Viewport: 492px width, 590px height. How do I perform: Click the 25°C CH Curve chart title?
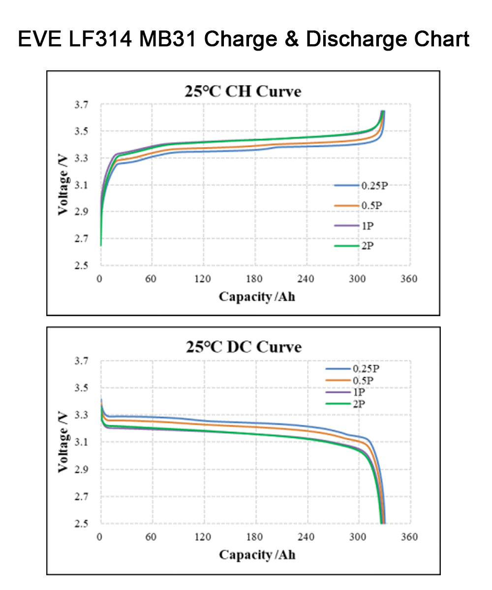pyautogui.click(x=243, y=91)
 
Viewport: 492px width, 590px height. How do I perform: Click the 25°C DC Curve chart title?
pyautogui.click(x=243, y=347)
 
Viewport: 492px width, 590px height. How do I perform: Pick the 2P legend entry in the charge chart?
pyautogui.click(x=367, y=246)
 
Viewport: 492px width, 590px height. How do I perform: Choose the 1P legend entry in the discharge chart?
pyautogui.click(x=358, y=392)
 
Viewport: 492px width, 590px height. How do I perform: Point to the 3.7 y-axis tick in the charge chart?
pyautogui.click(x=82, y=105)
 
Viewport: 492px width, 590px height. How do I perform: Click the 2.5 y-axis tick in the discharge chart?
pyautogui.click(x=82, y=524)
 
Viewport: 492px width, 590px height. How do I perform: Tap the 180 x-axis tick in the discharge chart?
pyautogui.click(x=254, y=537)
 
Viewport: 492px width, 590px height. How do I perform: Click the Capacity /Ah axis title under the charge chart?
pyautogui.click(x=257, y=296)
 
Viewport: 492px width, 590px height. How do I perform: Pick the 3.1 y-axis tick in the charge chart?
pyautogui.click(x=82, y=185)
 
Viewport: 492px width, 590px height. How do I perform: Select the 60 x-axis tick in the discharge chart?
pyautogui.click(x=151, y=537)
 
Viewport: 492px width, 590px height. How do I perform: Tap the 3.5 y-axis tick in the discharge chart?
pyautogui.click(x=82, y=388)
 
